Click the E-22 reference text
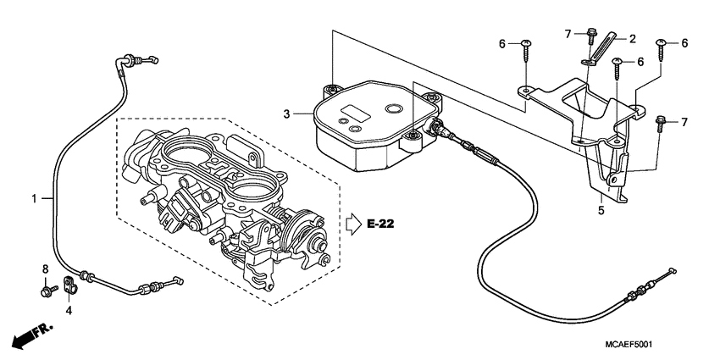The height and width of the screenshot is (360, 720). click(x=381, y=224)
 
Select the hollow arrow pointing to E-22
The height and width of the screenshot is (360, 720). click(x=353, y=224)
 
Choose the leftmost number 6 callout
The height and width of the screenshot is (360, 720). click(x=501, y=43)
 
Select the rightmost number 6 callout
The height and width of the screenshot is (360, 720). click(x=684, y=43)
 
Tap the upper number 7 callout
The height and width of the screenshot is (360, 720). click(x=568, y=33)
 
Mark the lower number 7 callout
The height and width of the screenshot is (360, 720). click(x=684, y=123)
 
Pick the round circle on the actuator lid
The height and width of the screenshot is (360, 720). click(x=393, y=111)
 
